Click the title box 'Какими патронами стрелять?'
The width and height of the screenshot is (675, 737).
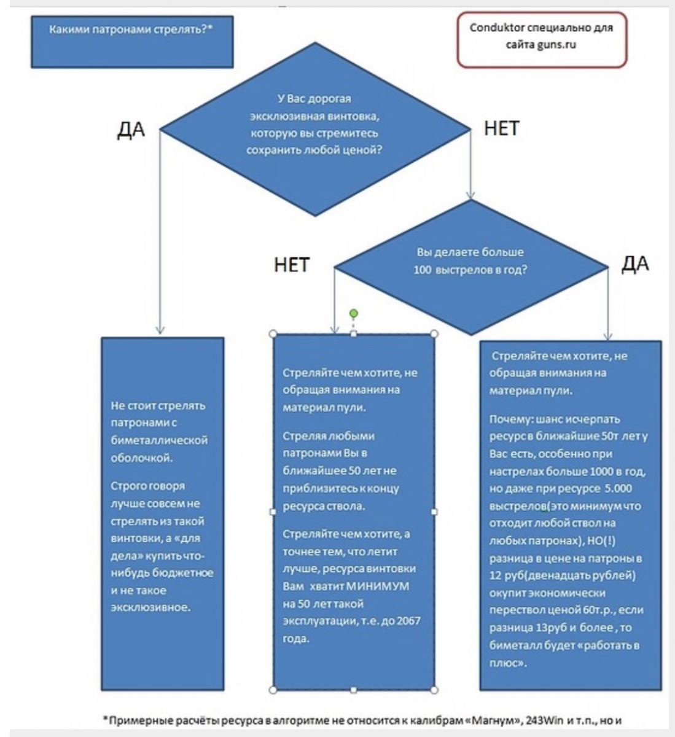131,41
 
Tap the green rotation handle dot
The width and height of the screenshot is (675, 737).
353,314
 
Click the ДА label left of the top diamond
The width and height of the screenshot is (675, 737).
131,130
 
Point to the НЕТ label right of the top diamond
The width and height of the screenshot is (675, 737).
502,128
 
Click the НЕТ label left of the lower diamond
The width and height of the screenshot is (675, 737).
292,265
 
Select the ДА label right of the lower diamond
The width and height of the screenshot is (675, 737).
635,263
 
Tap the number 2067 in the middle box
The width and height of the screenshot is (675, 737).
408,620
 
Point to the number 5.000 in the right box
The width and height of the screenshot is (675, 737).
618,489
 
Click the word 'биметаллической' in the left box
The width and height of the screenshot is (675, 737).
159,440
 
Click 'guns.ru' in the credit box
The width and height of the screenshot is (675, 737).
556,44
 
